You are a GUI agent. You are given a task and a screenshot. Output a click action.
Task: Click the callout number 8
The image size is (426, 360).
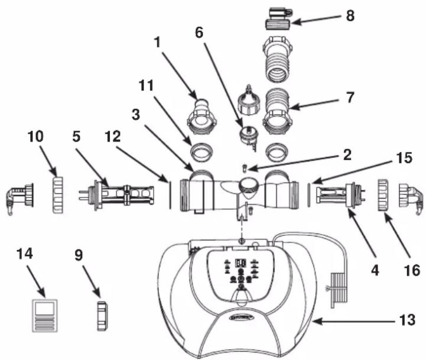point(350,16)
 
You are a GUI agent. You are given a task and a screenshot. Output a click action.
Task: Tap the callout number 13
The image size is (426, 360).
point(407,320)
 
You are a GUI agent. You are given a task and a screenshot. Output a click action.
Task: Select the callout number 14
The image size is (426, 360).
point(25,254)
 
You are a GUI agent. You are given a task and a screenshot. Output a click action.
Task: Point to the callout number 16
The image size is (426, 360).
point(412,270)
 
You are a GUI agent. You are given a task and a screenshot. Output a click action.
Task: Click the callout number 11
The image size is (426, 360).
point(146,85)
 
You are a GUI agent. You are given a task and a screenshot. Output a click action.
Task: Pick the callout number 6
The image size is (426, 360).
point(199,33)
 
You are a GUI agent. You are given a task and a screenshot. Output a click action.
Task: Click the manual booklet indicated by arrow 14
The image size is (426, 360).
point(45,316)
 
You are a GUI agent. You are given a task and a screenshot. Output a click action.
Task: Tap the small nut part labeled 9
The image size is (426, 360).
point(102,316)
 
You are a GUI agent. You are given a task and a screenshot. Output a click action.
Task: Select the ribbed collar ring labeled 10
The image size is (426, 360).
point(57,194)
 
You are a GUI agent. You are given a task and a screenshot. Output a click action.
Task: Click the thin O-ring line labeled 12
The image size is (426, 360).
point(170,195)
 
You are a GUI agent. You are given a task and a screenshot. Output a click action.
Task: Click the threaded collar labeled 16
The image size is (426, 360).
point(383,194)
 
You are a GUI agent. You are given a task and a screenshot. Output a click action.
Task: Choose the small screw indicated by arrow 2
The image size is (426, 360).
point(244,168)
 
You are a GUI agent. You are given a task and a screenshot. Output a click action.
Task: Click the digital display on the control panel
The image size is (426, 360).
point(240,263)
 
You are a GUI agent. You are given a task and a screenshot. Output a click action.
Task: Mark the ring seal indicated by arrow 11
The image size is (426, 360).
point(203,152)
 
